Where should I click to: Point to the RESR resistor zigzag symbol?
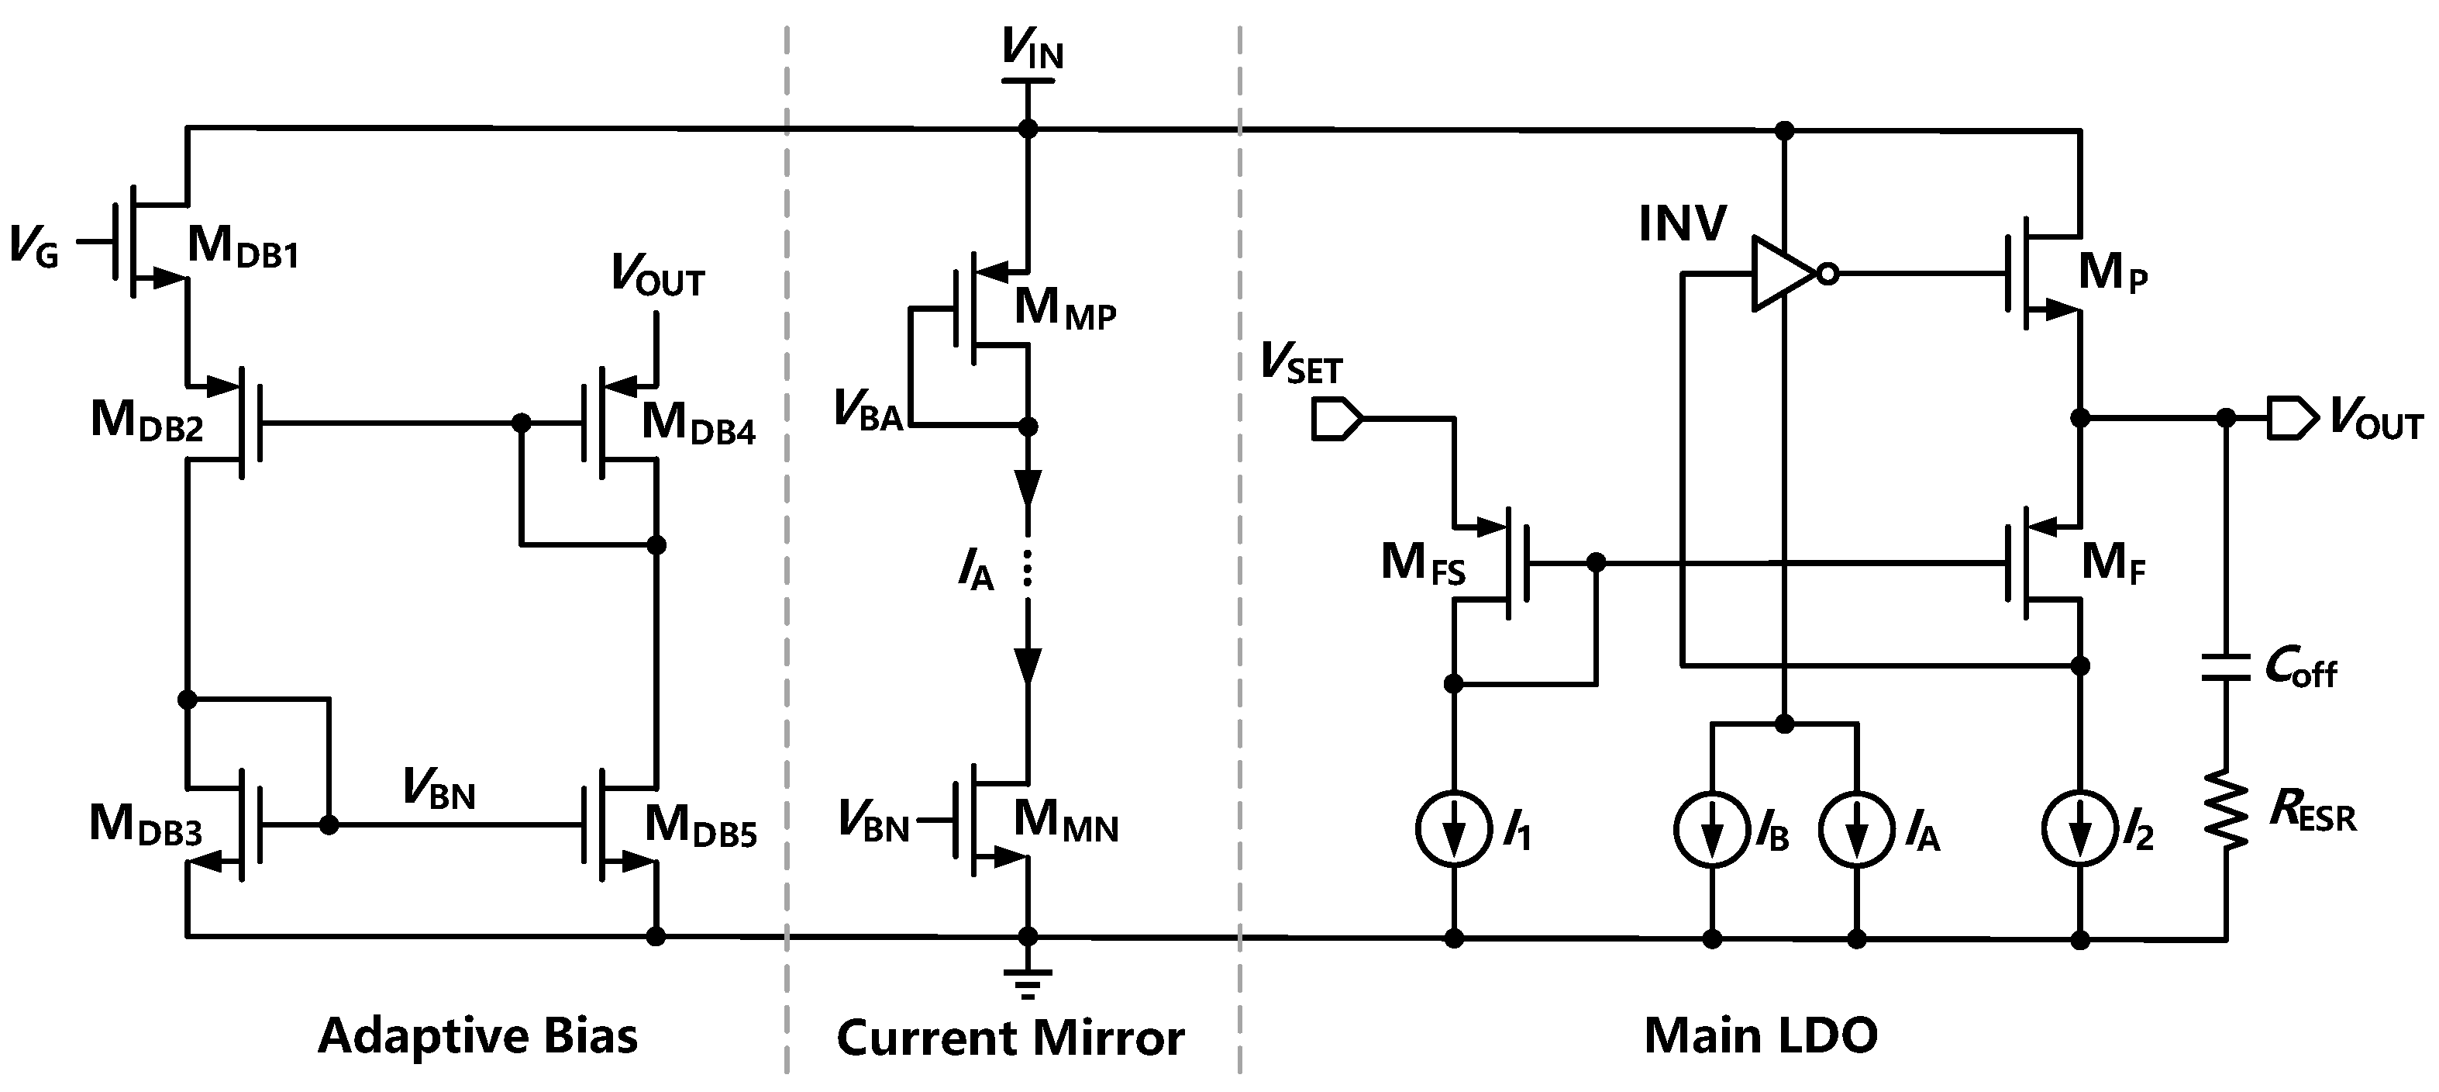(x=2226, y=817)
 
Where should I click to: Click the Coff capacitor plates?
(x=2226, y=667)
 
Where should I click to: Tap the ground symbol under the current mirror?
(x=1028, y=982)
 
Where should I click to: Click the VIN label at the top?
(x=1033, y=50)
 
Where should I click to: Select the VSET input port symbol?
(x=1336, y=419)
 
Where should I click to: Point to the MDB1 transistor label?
(x=243, y=247)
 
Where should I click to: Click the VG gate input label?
(x=34, y=247)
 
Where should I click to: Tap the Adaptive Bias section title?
(x=477, y=1035)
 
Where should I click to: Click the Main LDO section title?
(x=1760, y=1035)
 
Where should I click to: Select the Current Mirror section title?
(x=1011, y=1037)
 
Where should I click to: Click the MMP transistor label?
(x=1064, y=309)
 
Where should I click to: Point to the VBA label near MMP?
(x=867, y=411)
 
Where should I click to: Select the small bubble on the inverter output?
(x=1828, y=275)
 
